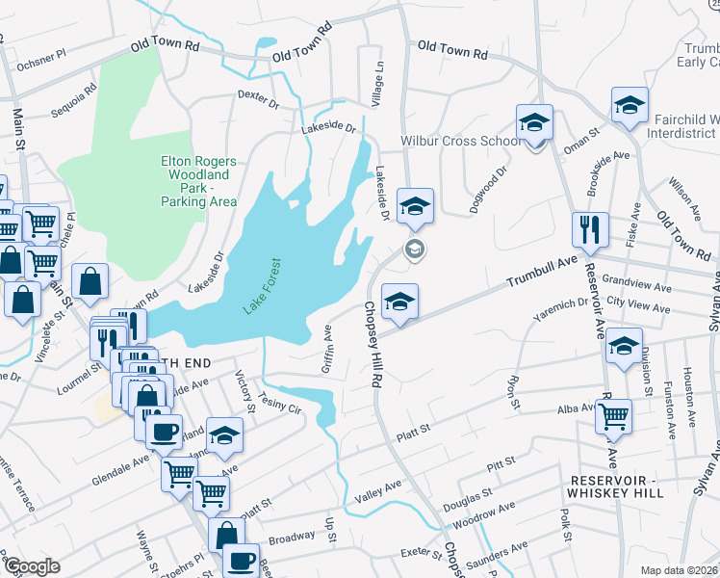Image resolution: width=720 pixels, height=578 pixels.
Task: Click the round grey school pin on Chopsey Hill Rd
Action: click(416, 250)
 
